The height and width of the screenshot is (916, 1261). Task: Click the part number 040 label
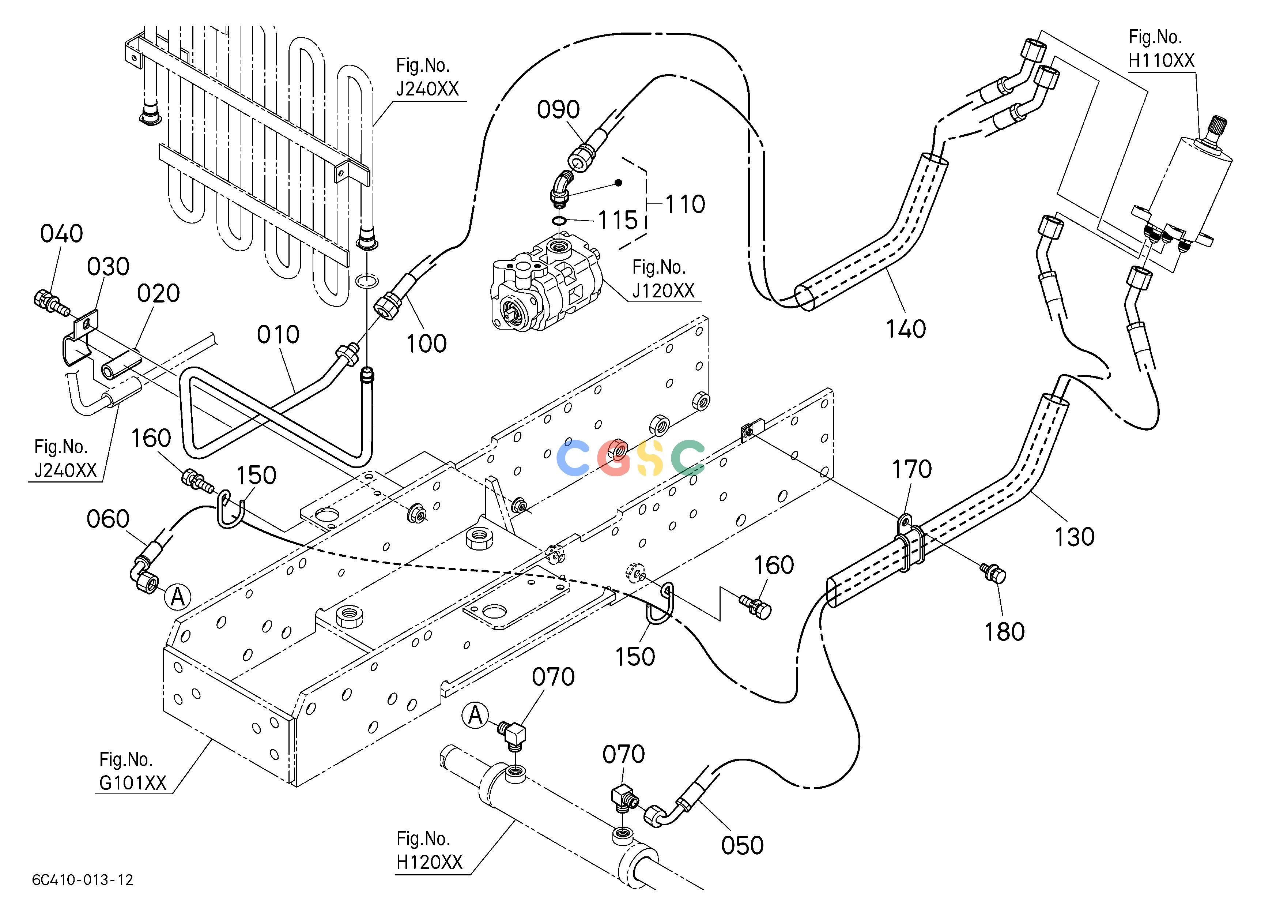[x=62, y=234]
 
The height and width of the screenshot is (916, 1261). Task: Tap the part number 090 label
[x=558, y=110]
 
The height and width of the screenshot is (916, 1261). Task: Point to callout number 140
[x=906, y=329]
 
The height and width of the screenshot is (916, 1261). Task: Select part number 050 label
[x=742, y=846]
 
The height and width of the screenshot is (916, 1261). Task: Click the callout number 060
[x=108, y=519]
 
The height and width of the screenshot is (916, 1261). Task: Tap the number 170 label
[x=912, y=469]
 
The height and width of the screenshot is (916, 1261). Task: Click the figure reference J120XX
[x=663, y=290]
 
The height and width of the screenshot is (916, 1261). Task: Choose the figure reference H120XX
[x=429, y=863]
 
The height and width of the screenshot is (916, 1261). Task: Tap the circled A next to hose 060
[x=177, y=597]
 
